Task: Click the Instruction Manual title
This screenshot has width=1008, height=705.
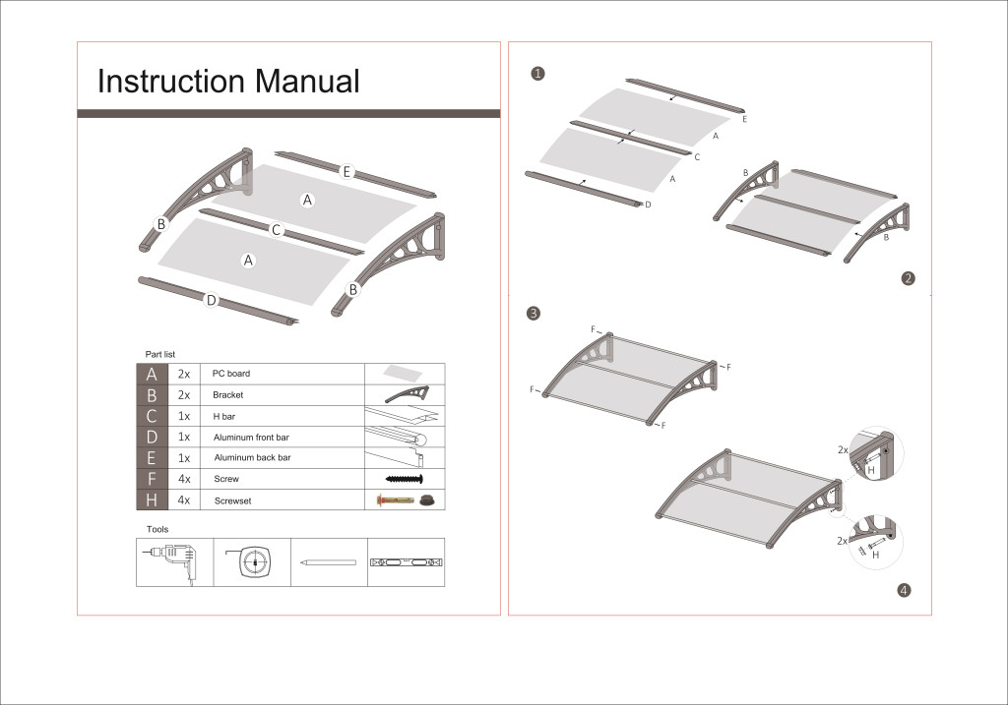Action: pos(228,82)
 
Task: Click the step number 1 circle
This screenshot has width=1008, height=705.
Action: pos(537,74)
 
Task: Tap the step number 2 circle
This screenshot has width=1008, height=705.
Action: pos(909,278)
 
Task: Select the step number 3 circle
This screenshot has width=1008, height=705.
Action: pos(533,314)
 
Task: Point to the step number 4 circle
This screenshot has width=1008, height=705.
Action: pos(904,591)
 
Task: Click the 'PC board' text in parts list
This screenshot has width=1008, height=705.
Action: pos(231,374)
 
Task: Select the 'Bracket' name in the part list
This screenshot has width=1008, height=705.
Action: pos(227,395)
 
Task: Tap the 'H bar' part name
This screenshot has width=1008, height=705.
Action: pos(223,416)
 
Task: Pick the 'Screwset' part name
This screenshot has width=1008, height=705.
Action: pos(231,500)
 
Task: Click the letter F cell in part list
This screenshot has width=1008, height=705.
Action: pos(152,479)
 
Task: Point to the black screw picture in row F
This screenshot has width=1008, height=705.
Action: pos(404,479)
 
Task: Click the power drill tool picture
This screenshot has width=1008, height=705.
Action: pos(174,561)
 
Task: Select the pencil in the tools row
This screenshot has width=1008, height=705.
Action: pos(328,562)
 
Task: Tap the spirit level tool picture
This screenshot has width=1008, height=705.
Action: pos(405,562)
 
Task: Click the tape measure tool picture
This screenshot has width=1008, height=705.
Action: pos(252,562)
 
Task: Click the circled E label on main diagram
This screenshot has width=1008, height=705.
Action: pos(347,172)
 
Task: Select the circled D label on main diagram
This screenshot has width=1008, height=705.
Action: pos(211,300)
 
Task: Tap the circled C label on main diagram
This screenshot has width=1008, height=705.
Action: pos(277,230)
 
